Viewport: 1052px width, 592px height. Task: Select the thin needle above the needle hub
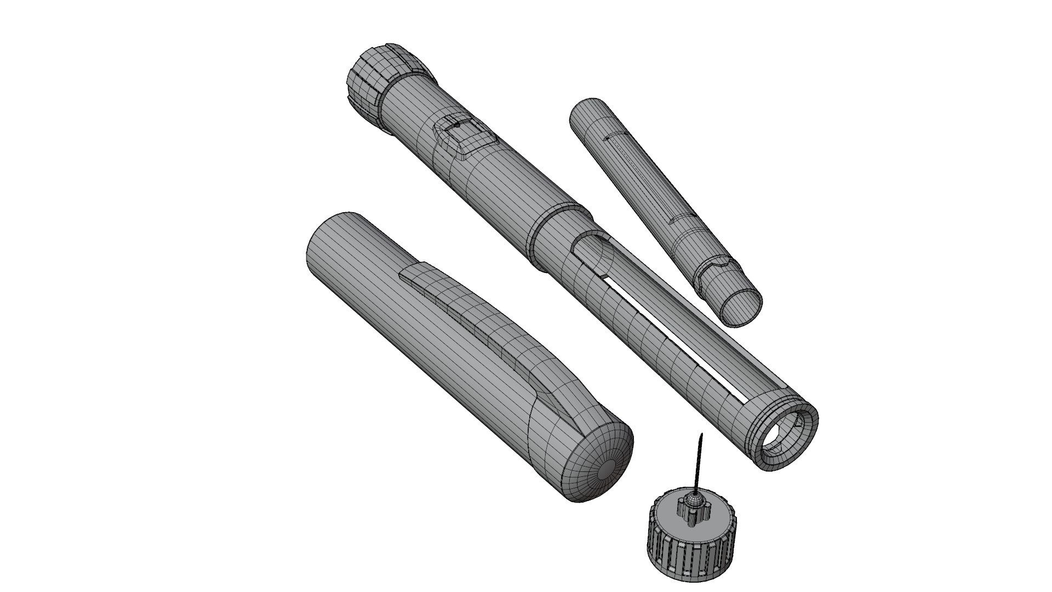point(698,466)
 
